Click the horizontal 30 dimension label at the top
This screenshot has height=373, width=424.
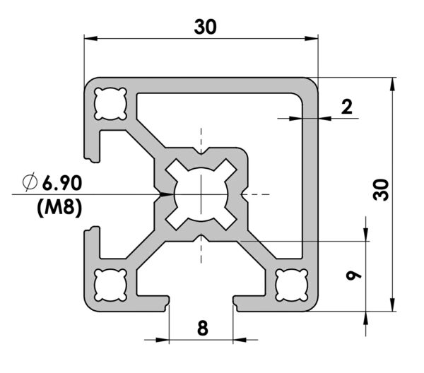pos(205,27)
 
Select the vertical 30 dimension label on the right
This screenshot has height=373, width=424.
pos(381,190)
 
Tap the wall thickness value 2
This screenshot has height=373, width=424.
pos(347,107)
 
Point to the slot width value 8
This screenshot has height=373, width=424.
pos(203,328)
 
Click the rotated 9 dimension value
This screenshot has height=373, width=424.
pos(353,276)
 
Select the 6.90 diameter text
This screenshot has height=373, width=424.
pos(62,183)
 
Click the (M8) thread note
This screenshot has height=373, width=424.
pos(59,208)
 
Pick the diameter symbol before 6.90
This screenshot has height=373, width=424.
pos(30,182)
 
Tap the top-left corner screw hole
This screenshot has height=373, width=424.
pos(110,104)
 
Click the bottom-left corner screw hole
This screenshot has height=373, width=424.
pos(110,285)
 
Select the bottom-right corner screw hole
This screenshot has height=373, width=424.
pos(292,285)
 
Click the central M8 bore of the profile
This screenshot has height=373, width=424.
pos(201,194)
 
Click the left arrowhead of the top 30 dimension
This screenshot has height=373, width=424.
pos(91,38)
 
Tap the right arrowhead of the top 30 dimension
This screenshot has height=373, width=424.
pos(311,38)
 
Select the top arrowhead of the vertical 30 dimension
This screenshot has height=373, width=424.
pos(393,84)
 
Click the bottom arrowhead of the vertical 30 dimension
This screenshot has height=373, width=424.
pos(393,304)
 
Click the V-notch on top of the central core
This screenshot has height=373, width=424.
pos(201,151)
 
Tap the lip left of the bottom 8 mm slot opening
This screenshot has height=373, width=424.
pos(165,303)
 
